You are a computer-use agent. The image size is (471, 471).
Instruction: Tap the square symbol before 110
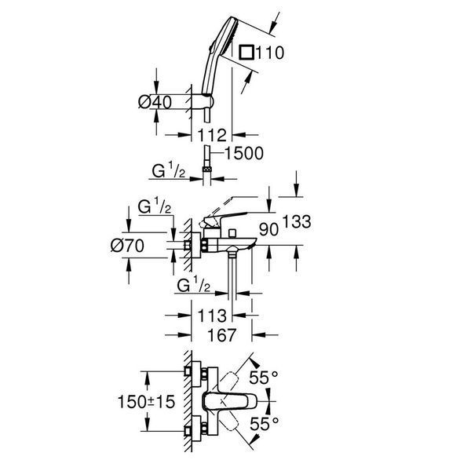246,53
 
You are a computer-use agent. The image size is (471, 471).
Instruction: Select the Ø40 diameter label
155,102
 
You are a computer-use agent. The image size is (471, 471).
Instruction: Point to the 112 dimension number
212,135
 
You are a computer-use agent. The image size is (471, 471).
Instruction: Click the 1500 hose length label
244,153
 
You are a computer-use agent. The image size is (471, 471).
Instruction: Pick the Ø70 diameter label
127,246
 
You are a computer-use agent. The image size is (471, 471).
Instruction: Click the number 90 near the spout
268,230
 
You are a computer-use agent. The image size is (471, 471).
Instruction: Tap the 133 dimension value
297,221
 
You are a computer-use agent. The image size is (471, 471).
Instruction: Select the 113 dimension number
212,316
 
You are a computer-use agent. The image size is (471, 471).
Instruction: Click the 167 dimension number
221,334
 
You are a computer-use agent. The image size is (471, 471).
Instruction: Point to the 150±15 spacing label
146,402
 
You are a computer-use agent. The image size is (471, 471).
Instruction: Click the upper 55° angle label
264,378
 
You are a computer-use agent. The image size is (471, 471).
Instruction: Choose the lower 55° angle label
264,424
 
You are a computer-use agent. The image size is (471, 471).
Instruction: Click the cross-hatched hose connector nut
206,170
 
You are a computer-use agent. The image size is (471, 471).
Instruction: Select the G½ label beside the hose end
169,171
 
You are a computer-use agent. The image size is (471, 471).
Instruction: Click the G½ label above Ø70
155,206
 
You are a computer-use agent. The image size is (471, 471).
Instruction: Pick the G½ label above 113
194,285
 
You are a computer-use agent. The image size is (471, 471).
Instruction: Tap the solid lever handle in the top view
230,401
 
